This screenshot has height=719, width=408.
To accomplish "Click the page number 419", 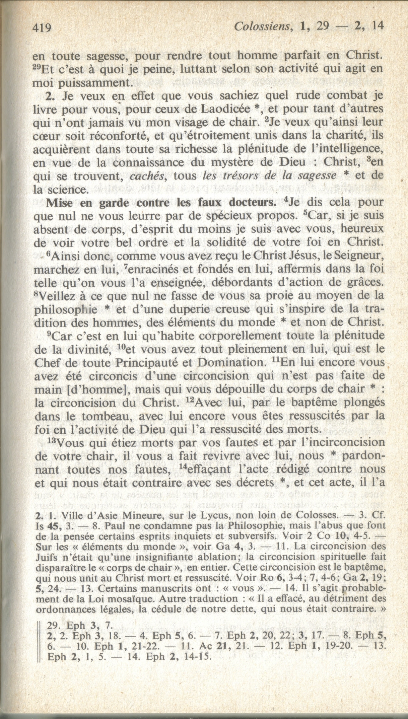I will click(41, 27).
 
